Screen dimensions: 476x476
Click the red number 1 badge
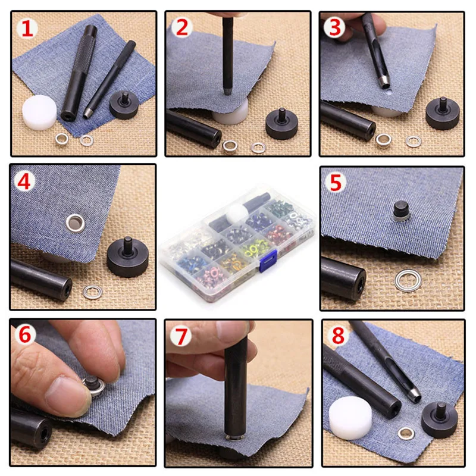click(x=27, y=29)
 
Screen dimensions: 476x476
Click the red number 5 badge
click(x=336, y=182)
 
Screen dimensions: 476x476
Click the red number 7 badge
click(x=181, y=336)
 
